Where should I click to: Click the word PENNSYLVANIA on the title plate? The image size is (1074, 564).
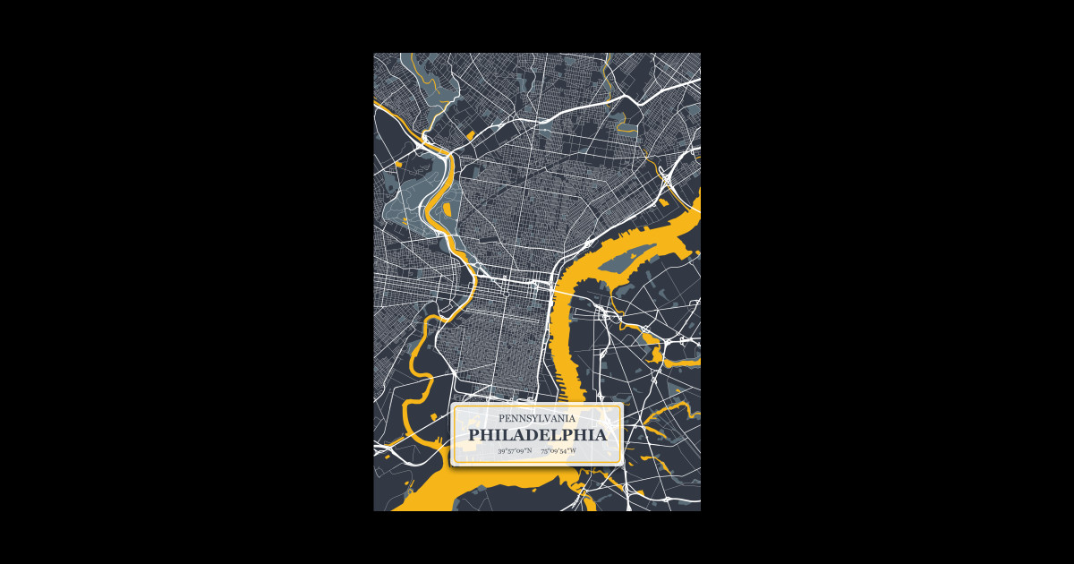tap(537, 418)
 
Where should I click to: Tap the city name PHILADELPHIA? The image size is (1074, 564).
tap(537, 435)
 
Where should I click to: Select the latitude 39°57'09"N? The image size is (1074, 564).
tap(515, 451)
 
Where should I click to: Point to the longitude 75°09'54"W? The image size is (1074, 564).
tap(558, 451)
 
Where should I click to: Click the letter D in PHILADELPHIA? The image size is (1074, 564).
tap(534, 435)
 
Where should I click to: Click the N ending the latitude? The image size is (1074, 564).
tap(529, 451)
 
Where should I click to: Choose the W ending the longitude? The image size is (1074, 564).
tap(573, 451)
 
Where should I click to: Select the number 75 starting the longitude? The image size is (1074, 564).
tap(544, 451)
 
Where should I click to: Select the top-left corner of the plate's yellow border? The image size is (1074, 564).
tap(455, 406)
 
